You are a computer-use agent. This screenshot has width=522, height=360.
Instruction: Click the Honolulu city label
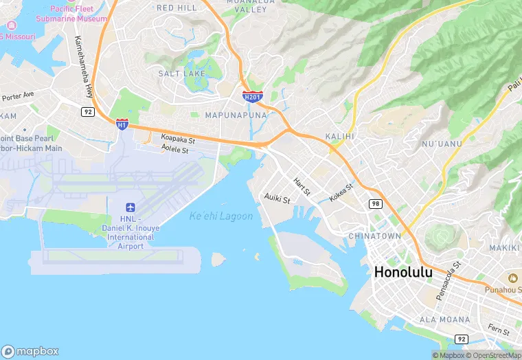tap(413, 272)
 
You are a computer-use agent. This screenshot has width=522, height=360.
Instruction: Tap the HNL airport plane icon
tap(130, 207)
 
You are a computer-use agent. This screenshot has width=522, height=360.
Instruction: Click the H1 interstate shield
tap(122, 124)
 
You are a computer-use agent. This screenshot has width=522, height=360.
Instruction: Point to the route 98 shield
tap(375, 204)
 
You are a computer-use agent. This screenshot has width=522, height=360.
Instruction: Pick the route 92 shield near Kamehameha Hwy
tap(87, 111)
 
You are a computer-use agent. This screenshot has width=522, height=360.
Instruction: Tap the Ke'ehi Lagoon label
tap(221, 216)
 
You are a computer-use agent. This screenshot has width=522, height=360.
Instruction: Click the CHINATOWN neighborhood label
tap(394, 236)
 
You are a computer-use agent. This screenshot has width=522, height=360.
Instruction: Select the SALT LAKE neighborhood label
tap(179, 74)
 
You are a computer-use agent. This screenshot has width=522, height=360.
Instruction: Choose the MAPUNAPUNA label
tap(236, 115)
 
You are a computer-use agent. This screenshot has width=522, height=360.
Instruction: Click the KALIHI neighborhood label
tap(339, 136)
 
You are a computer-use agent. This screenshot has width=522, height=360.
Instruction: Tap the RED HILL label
tap(177, 8)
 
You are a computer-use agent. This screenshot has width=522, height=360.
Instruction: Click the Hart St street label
tap(302, 186)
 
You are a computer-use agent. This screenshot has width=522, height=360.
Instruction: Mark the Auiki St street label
tap(277, 199)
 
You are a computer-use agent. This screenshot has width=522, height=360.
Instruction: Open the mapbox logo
tap(30, 350)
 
